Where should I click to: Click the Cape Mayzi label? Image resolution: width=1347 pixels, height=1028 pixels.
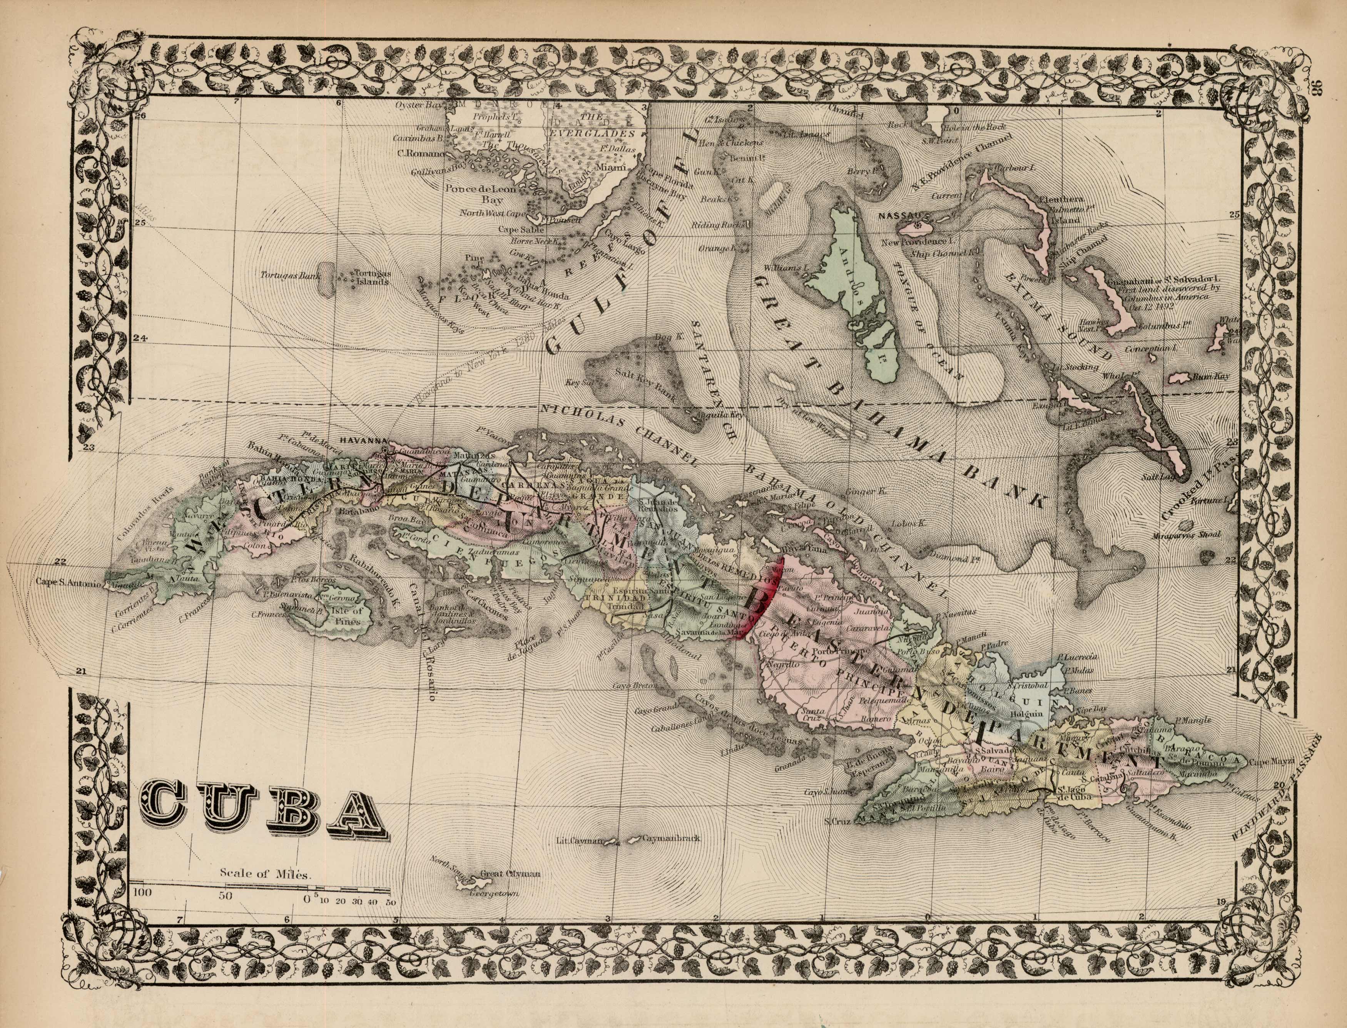(1270, 761)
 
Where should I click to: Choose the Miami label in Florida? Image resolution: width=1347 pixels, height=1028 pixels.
(616, 167)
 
